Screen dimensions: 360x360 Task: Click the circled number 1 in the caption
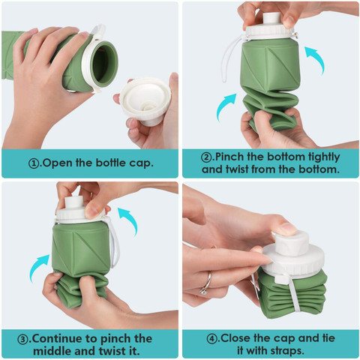pos(34,164)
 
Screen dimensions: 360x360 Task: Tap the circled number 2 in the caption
pos(206,157)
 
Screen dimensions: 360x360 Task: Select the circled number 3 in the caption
pos(22,340)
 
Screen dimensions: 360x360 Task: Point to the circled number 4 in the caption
pos(212,339)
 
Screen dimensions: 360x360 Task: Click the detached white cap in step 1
pos(145,100)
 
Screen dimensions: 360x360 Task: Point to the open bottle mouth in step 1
pos(103,64)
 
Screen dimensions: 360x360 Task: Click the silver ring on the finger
pos(206,283)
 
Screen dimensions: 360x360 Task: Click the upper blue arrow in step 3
pos(130,220)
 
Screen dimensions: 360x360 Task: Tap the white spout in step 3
pos(74,204)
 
